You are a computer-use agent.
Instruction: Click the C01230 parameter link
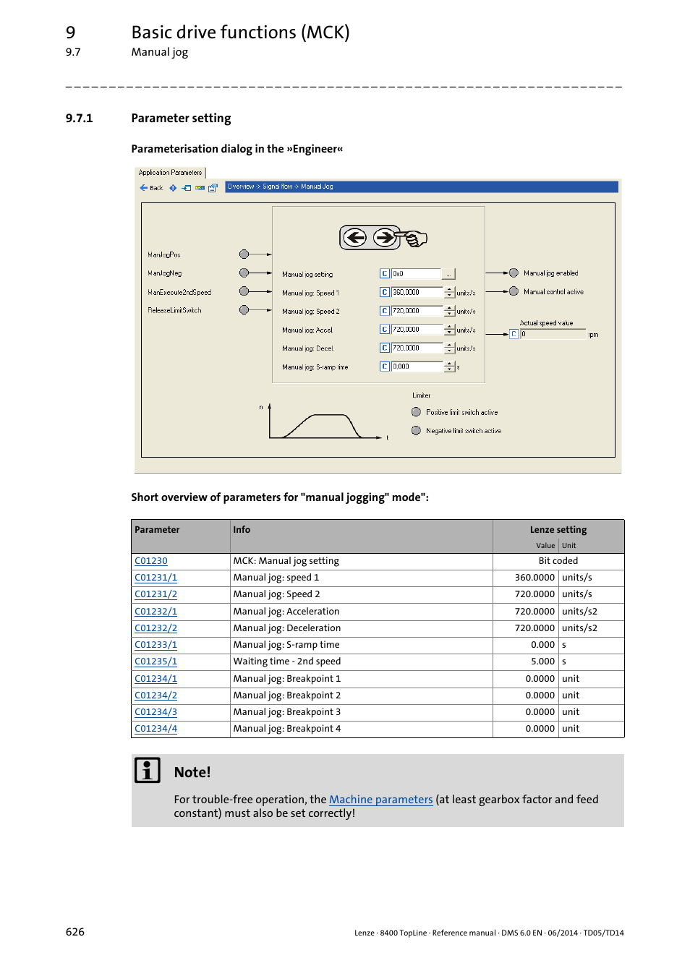[x=150, y=561]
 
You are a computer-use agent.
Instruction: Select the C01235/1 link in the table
[x=156, y=662]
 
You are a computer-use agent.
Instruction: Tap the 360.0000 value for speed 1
[x=534, y=578]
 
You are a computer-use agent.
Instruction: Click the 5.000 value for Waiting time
[x=542, y=662]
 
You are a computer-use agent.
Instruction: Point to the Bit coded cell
[x=558, y=561]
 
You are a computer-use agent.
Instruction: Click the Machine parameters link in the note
[x=380, y=800]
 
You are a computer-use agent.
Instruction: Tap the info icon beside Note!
[x=148, y=771]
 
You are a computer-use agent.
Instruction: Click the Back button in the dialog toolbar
[x=151, y=188]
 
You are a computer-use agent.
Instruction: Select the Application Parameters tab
[x=170, y=173]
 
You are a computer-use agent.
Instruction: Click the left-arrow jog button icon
[x=354, y=237]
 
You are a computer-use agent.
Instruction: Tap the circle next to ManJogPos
[x=244, y=254]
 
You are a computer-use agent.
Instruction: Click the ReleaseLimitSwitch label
[x=174, y=310]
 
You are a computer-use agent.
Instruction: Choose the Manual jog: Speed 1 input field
[x=416, y=293]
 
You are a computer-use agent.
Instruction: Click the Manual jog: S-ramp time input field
[x=416, y=367]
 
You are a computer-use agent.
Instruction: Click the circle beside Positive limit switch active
[x=416, y=412]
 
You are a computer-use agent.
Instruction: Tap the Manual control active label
[x=553, y=292]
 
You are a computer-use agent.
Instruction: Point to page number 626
[x=75, y=932]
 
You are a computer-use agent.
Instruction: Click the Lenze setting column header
[x=558, y=530]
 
